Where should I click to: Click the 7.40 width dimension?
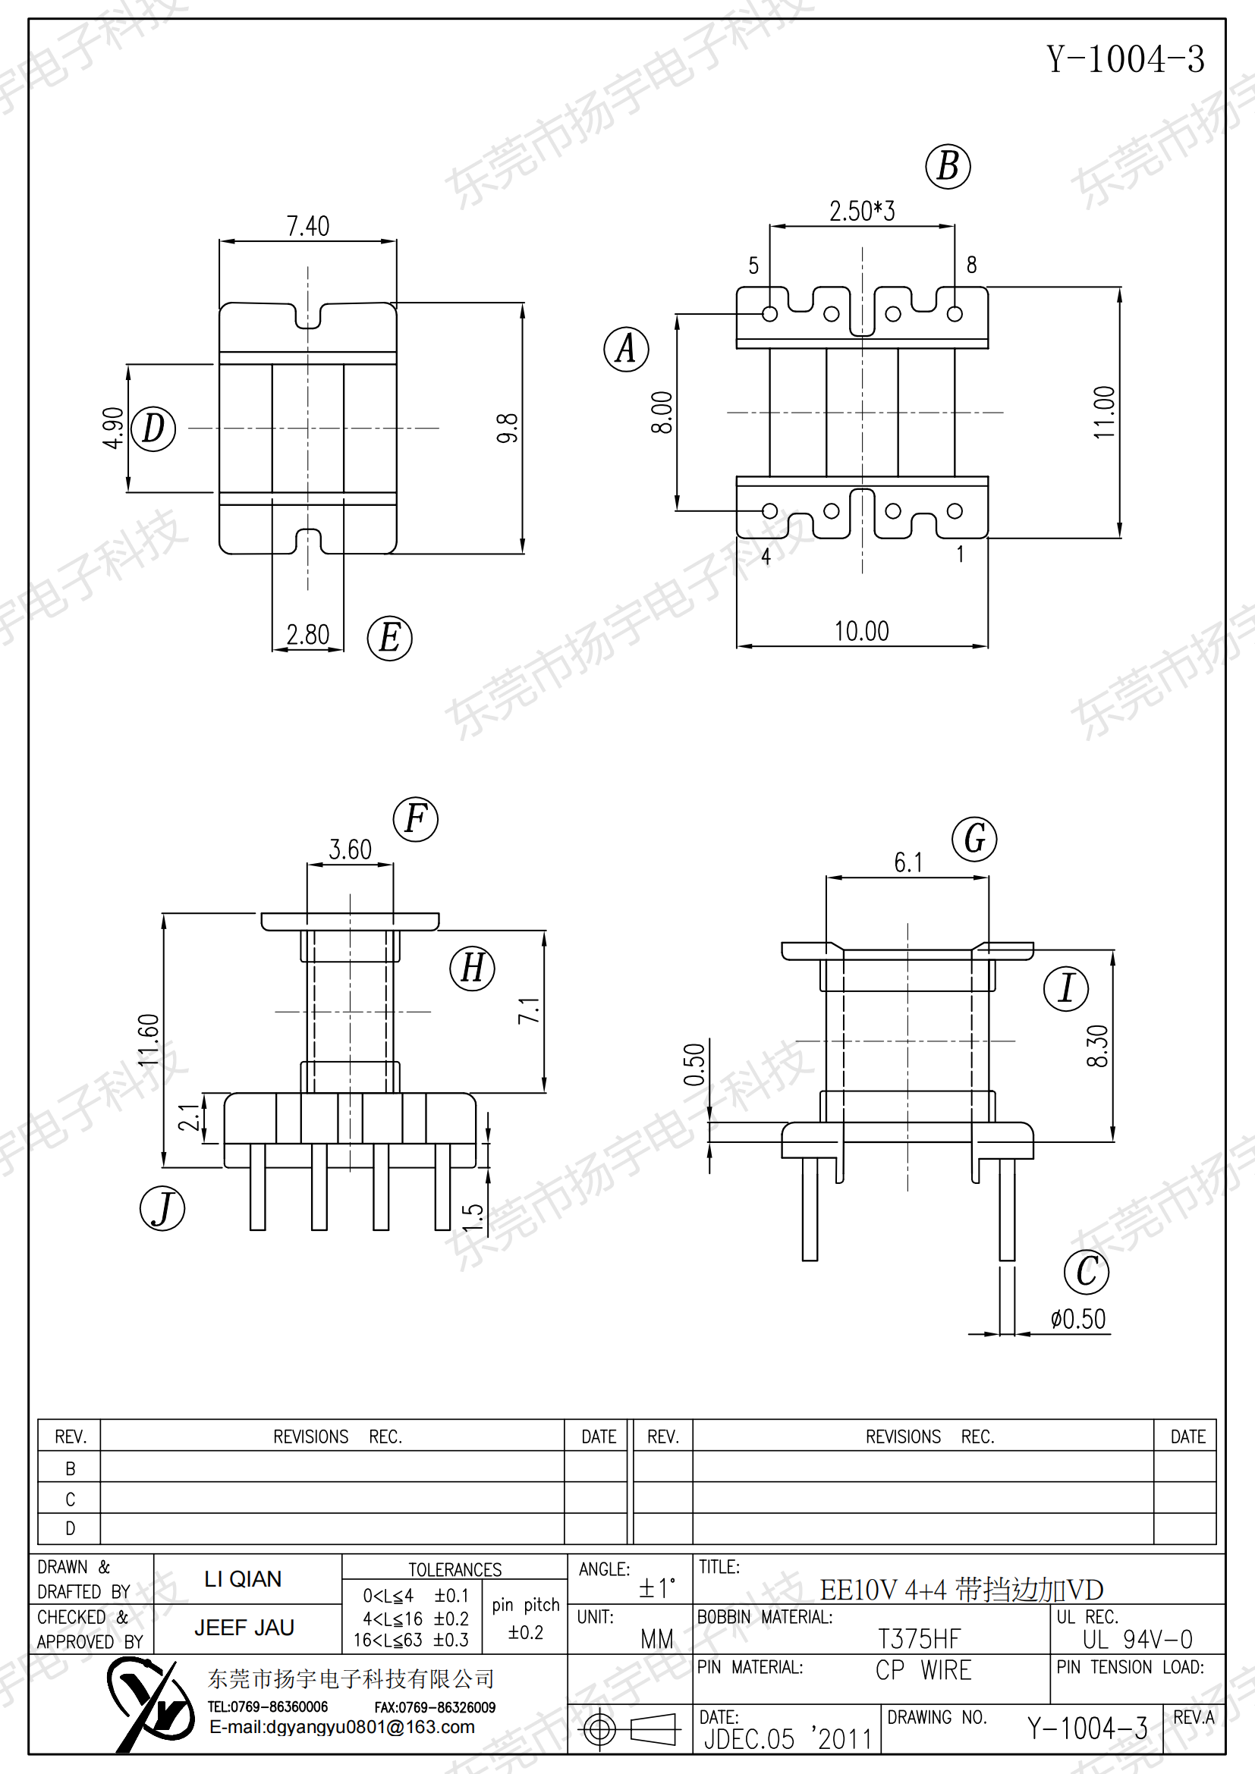(x=307, y=225)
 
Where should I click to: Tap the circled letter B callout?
(x=948, y=166)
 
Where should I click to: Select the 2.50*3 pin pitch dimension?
(x=862, y=210)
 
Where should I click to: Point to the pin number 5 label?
(x=753, y=265)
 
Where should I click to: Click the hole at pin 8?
(x=955, y=314)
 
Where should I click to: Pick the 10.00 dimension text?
(x=862, y=631)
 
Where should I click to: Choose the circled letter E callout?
(x=389, y=638)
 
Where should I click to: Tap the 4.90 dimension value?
(x=113, y=428)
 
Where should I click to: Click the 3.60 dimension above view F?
(x=350, y=849)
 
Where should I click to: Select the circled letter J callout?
(x=162, y=1208)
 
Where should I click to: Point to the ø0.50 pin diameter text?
(x=1078, y=1319)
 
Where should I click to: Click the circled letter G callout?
(x=974, y=839)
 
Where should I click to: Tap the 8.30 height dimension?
(x=1097, y=1046)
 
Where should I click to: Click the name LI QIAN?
(x=243, y=1578)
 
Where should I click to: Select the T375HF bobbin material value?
(x=919, y=1638)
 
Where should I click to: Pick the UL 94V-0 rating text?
(x=1137, y=1638)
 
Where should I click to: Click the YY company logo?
(x=151, y=1705)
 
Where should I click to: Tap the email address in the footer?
(x=342, y=1727)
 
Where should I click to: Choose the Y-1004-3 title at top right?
(x=1125, y=59)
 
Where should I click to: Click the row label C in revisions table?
(x=71, y=1499)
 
